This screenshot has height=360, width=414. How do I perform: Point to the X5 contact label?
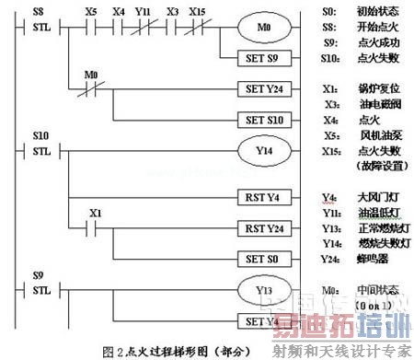pos(91,12)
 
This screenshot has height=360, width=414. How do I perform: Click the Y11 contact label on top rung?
pos(143,12)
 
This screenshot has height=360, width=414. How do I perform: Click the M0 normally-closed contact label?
pos(91,73)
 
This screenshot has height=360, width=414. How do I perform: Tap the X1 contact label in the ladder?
pos(94,213)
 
